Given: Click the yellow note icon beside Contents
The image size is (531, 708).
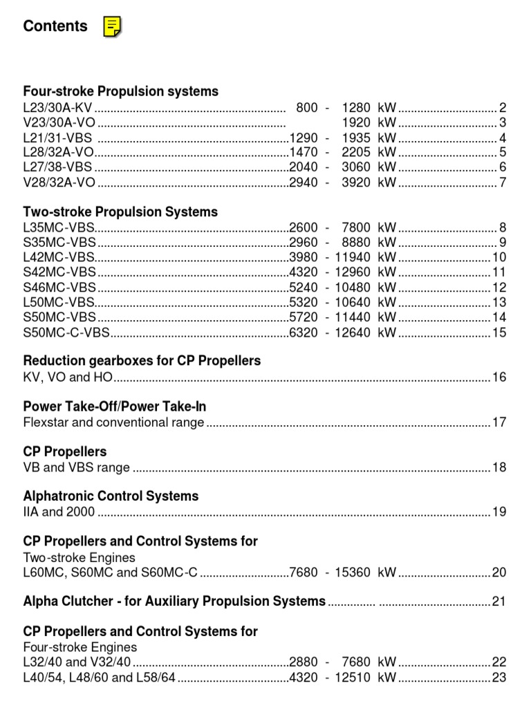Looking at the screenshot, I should pos(112,27).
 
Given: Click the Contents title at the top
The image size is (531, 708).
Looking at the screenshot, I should pos(55,26).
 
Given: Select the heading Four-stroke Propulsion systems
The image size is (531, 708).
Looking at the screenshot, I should pos(120,91).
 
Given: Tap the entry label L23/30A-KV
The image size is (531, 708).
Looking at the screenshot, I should pos(57,107).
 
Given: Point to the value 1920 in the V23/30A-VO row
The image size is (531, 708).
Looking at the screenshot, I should pos(356,122).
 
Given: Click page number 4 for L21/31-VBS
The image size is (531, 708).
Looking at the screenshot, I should pos(503,138).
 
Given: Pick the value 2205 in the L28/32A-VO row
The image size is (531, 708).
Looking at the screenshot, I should pos(356,152).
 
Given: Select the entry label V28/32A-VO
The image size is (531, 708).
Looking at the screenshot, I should pos(59,183).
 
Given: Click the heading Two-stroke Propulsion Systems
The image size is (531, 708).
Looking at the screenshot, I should pos(120,212).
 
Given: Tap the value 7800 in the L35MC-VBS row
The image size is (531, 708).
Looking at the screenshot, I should pos(356,227).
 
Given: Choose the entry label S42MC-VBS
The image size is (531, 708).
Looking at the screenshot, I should pos(59,272).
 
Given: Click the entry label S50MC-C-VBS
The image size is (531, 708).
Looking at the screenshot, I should pos(66,333).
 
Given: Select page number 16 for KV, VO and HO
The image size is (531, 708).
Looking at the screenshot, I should pos(499,378).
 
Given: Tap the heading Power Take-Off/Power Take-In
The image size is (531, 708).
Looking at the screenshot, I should pos(115,407).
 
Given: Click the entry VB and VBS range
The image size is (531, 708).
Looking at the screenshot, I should pos(76,467).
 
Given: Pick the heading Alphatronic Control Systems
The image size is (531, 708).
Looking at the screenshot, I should pos(111,496).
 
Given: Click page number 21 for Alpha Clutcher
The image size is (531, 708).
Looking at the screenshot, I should pos(499,602).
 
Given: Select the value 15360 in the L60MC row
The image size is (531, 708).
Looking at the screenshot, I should pos(353,572).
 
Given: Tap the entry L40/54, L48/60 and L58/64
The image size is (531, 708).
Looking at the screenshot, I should pos(100,677).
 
